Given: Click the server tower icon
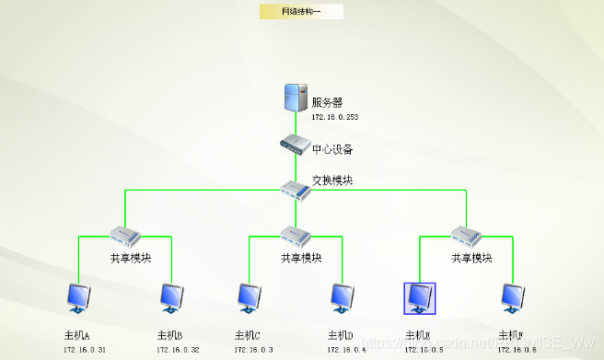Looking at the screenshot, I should pyautogui.click(x=296, y=98).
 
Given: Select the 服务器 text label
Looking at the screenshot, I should pyautogui.click(x=327, y=102).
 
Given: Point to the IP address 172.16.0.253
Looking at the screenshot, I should pyautogui.click(x=333, y=118).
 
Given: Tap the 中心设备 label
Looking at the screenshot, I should pyautogui.click(x=332, y=149).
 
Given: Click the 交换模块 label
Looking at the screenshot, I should pyautogui.click(x=332, y=180).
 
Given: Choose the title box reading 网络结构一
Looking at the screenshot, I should pyautogui.click(x=301, y=12).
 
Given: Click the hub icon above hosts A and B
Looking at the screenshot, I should pyautogui.click(x=123, y=234).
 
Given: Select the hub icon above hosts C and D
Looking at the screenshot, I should pyautogui.click(x=295, y=234).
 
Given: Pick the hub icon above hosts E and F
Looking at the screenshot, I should pyautogui.click(x=464, y=234).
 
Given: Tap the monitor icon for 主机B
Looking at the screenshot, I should pyautogui.click(x=170, y=297).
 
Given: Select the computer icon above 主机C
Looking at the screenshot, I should pyautogui.click(x=248, y=297).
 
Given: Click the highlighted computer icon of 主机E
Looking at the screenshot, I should pyautogui.click(x=420, y=297).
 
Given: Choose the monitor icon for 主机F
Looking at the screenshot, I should pyautogui.click(x=512, y=297).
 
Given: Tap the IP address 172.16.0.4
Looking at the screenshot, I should pyautogui.click(x=346, y=350).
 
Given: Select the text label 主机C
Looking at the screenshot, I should pyautogui.click(x=248, y=335).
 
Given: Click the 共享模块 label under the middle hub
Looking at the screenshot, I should pyautogui.click(x=301, y=259).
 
